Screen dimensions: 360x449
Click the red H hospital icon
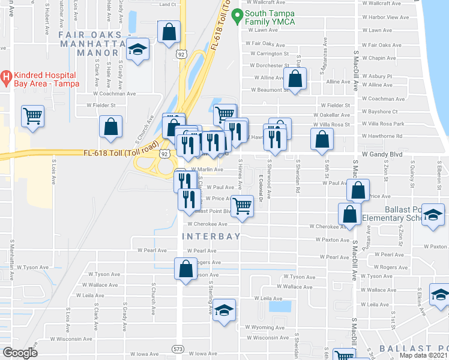point(7,76)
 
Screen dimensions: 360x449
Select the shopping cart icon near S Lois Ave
point(33,116)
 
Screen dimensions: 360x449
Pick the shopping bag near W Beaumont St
point(295,79)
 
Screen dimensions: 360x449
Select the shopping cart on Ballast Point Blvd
point(241,205)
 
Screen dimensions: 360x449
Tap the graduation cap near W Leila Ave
point(224,310)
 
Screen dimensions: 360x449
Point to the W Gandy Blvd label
point(381,155)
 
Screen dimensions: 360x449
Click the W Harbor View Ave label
point(386,17)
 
